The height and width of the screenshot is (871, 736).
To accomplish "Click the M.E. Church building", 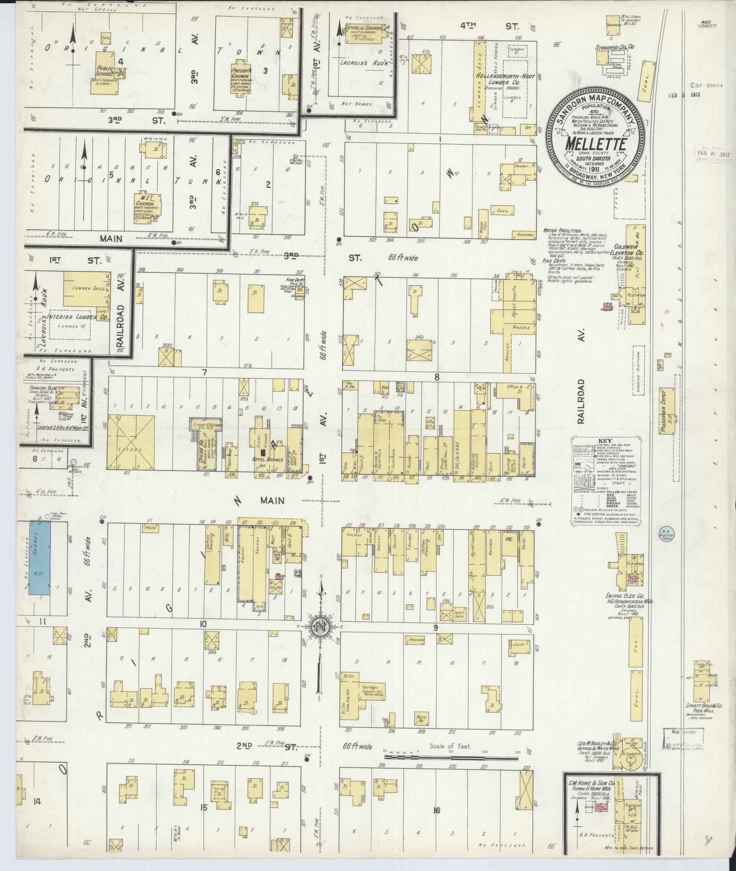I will [150, 207].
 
